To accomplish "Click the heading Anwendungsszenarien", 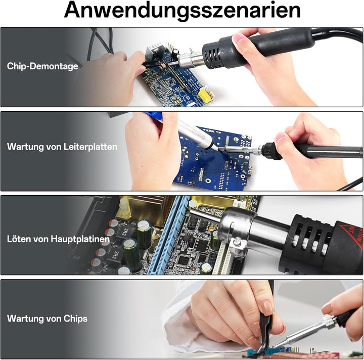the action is tap(182, 10).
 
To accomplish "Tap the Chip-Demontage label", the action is tap(42, 66).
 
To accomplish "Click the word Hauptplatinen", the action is tap(80, 239).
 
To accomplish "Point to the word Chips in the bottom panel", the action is tap(75, 319).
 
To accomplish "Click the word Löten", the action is tap(19, 239).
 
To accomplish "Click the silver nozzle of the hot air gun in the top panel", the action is tap(191, 60).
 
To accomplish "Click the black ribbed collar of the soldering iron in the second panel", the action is tap(270, 151).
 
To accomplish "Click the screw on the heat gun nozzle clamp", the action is tap(237, 242).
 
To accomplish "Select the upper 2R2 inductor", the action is tap(126, 231).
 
